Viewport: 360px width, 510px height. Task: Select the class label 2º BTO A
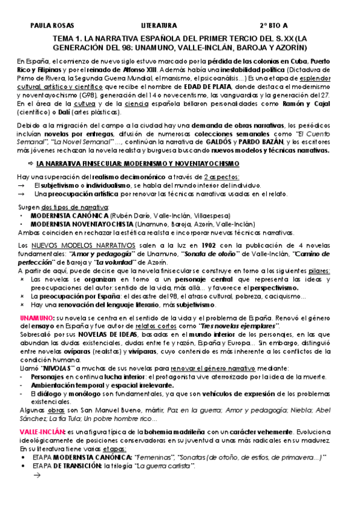pos(273,26)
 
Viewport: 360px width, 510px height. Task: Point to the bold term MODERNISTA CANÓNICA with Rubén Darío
pos(69,215)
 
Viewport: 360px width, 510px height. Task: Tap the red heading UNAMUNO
pos(35,317)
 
